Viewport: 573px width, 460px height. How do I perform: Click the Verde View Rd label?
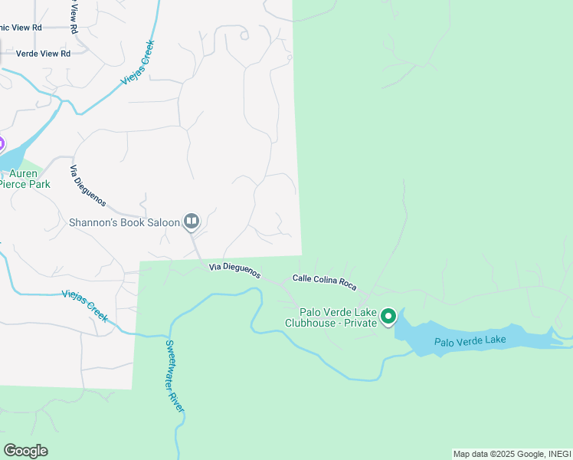click(43, 54)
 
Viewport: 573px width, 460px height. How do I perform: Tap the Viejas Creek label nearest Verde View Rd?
click(138, 63)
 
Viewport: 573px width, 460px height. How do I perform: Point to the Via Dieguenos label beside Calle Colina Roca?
click(234, 271)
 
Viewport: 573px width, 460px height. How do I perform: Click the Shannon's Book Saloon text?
click(124, 222)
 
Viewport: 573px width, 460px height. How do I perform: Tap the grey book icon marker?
click(192, 222)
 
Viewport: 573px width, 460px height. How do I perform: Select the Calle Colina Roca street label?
click(324, 282)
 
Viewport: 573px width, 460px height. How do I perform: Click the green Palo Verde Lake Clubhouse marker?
click(388, 316)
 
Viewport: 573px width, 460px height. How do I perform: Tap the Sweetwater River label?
click(174, 376)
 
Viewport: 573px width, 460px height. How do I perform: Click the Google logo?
click(25, 451)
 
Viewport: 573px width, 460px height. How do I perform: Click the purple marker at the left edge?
click(1, 143)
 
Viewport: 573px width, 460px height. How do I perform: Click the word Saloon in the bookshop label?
click(161, 222)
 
